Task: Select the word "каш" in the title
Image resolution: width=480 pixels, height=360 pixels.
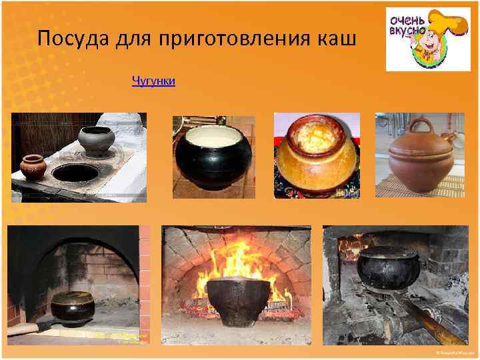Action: pos(337,39)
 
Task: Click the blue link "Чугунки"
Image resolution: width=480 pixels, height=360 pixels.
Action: pos(153,81)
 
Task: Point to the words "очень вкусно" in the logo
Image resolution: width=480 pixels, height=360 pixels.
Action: pos(405,26)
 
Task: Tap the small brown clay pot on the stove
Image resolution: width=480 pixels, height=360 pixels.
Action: pos(33,167)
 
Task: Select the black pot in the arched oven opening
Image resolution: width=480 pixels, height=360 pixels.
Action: pos(72,307)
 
